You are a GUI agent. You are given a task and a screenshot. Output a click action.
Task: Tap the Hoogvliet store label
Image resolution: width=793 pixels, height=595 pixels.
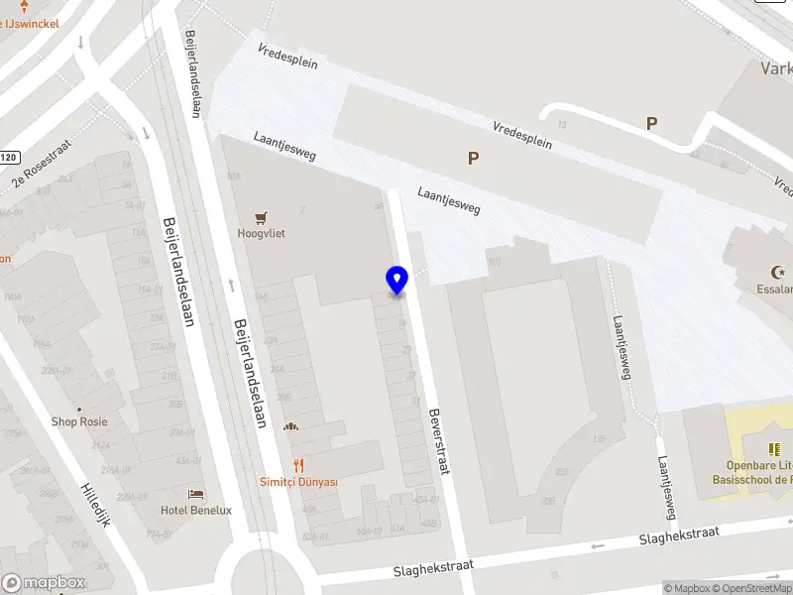262,234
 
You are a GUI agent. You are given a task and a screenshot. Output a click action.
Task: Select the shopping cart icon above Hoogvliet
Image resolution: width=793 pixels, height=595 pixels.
262,217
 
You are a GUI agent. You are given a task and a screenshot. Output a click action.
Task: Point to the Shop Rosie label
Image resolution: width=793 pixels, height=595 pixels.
79,421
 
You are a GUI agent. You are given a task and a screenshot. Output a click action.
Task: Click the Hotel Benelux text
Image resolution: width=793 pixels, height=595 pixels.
196,510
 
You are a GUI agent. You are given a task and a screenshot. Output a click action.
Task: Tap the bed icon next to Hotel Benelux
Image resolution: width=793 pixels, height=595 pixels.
196,493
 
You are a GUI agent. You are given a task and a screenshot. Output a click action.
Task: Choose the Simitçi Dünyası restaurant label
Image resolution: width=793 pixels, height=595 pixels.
298,482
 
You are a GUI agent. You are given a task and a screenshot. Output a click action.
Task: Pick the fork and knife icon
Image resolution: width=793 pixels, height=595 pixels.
297,464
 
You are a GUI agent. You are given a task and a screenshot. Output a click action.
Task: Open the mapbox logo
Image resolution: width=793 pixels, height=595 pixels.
43,583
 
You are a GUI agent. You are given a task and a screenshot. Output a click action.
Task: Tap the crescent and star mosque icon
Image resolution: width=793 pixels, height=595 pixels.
777,272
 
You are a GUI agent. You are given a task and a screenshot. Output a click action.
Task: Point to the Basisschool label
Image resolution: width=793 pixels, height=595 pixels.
754,479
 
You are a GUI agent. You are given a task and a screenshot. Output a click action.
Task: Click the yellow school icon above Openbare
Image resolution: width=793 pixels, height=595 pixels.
774,449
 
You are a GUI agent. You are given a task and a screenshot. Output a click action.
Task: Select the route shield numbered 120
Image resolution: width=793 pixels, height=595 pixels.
9,157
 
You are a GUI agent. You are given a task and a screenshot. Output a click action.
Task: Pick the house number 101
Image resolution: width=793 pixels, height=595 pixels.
494,263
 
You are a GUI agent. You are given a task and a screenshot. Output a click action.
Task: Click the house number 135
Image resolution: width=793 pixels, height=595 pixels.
597,438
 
